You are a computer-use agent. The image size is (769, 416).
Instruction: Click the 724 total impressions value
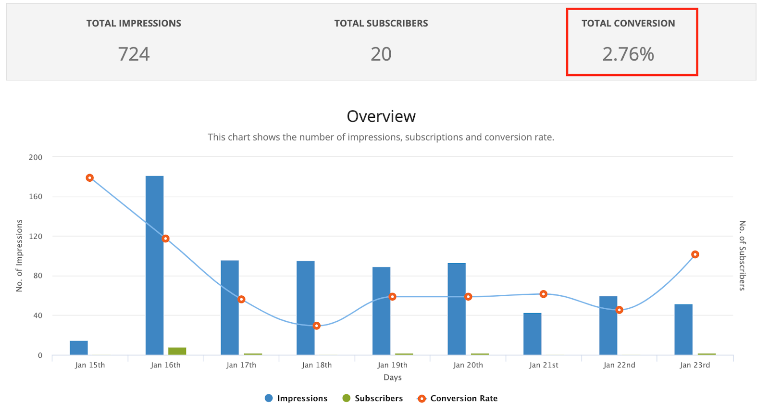(x=134, y=54)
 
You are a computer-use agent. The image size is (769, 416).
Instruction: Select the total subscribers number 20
(x=381, y=54)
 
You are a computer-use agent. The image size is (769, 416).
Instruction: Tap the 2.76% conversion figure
(x=628, y=54)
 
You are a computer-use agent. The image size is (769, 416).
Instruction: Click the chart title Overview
(x=381, y=116)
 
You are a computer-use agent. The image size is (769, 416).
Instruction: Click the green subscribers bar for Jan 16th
(x=177, y=351)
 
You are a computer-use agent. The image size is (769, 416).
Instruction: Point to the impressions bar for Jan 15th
(x=79, y=348)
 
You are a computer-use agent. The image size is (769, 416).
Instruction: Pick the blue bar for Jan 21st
(x=532, y=334)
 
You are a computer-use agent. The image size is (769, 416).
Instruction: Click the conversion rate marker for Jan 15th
(x=89, y=178)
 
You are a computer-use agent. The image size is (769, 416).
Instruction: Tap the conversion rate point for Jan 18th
(x=317, y=326)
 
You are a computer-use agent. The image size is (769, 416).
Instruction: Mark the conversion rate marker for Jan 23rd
(x=695, y=254)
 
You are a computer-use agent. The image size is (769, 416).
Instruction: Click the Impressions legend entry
(x=296, y=398)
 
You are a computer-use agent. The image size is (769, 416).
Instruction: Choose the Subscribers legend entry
(x=372, y=398)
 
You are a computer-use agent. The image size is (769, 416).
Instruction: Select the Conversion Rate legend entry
(x=458, y=398)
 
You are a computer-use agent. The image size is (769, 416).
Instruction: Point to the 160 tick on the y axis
(x=36, y=196)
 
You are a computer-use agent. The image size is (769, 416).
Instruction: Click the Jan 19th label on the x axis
(x=392, y=365)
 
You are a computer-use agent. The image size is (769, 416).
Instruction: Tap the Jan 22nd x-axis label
(x=619, y=365)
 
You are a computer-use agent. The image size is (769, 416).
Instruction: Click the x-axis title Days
(x=392, y=378)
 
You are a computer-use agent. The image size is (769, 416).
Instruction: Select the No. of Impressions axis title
(x=19, y=255)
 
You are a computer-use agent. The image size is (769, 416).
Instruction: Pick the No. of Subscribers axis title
(x=742, y=255)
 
